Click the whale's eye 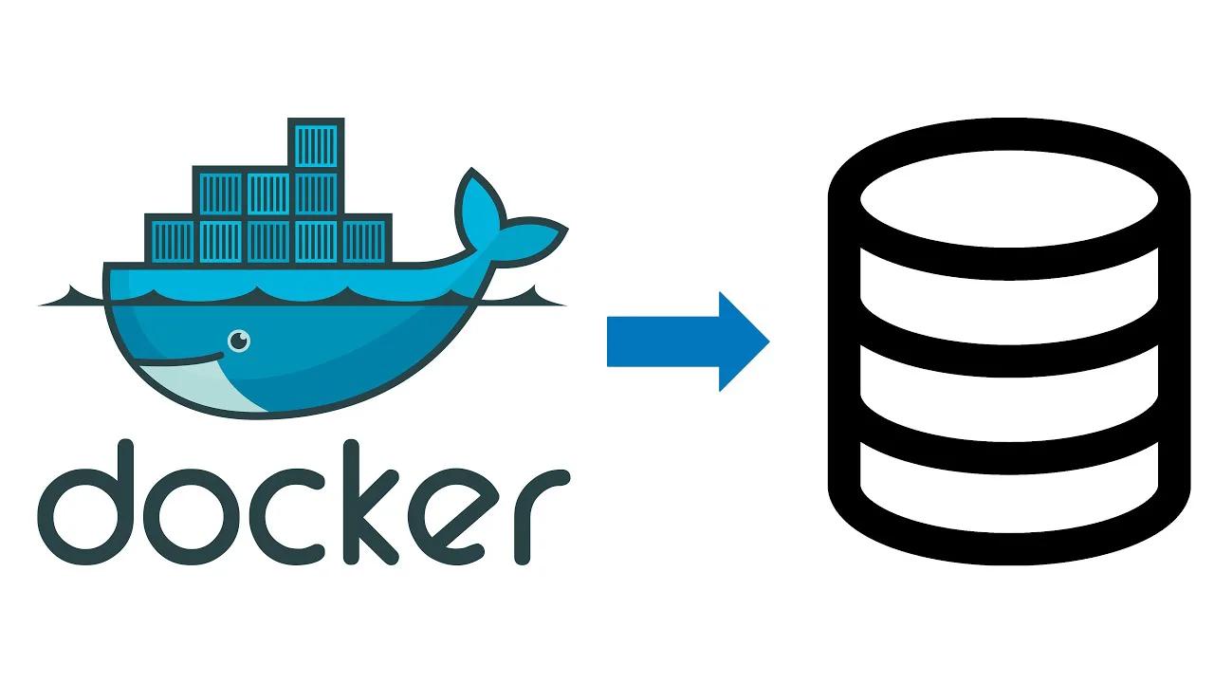240,339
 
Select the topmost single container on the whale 316,143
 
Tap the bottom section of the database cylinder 1009,493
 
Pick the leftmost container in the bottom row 171,238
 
